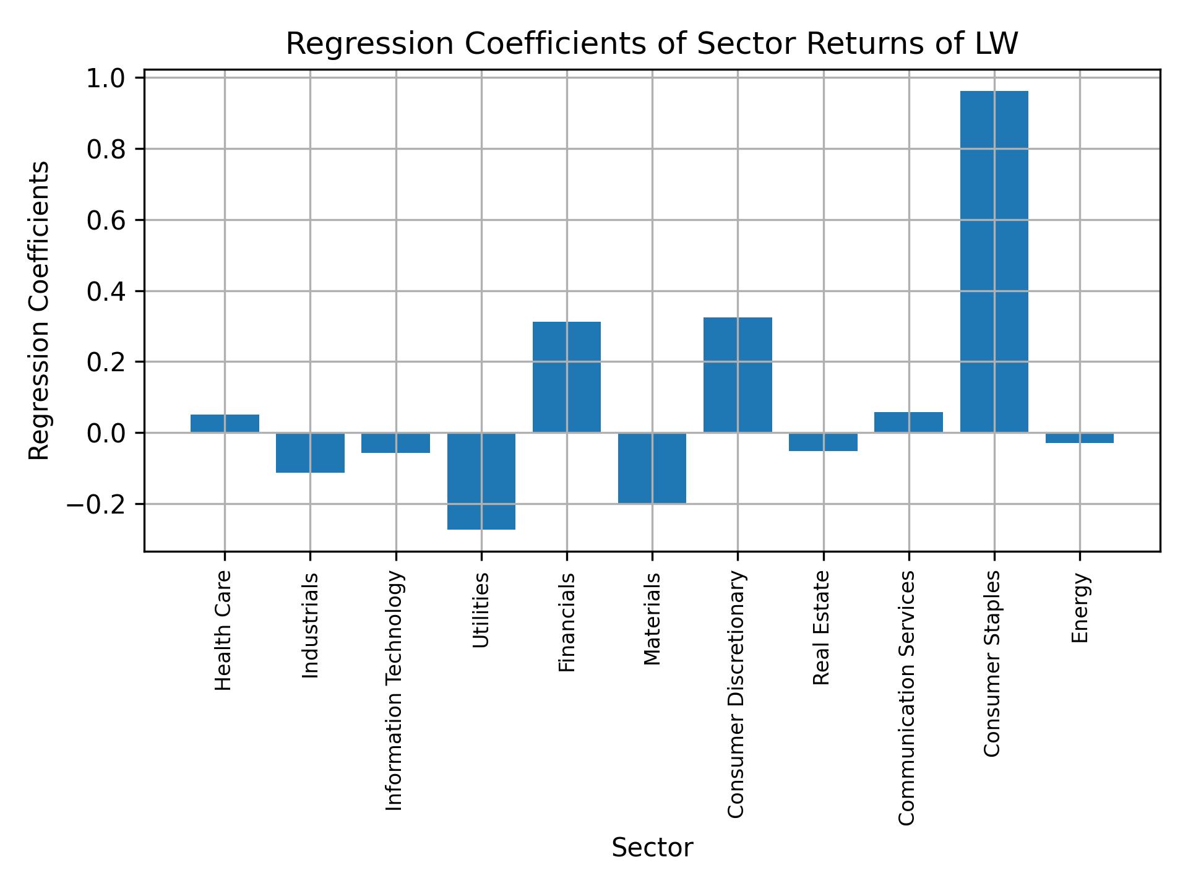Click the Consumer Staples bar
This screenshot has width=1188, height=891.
click(994, 262)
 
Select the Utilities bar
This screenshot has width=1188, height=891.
click(481, 481)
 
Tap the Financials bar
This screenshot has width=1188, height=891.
click(567, 377)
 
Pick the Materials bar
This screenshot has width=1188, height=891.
click(652, 468)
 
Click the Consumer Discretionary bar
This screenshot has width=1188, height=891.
click(738, 375)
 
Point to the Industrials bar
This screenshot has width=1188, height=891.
click(310, 452)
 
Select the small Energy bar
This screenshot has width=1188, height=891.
click(1079, 438)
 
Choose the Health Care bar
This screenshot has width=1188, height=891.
click(225, 423)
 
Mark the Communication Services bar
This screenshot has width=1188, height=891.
click(908, 422)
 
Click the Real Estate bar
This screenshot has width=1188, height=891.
click(823, 442)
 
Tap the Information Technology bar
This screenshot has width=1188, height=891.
click(395, 442)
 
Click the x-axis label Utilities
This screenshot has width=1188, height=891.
click(481, 609)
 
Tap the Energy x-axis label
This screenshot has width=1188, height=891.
click(1080, 608)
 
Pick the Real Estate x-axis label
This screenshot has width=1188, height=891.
click(821, 627)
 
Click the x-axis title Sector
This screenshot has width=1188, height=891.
click(652, 847)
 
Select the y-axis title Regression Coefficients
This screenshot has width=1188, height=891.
click(40, 311)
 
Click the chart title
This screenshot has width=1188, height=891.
click(652, 44)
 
